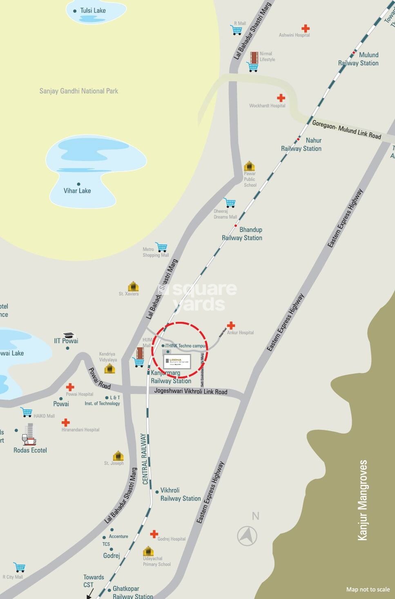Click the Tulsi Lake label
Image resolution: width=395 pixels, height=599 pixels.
coord(93,11)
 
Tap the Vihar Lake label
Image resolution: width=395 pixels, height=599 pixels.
coord(77,190)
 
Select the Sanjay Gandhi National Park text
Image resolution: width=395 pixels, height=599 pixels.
coord(78,91)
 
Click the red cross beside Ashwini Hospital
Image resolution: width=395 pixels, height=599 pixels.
coord(305,28)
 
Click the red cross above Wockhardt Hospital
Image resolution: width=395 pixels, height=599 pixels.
coord(281,98)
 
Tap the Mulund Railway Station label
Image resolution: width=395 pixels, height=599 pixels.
coord(358,59)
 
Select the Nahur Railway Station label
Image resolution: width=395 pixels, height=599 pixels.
coord(301,145)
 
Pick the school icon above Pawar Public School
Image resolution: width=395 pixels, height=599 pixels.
coord(249,166)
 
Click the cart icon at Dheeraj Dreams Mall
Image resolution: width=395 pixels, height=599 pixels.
coord(230,202)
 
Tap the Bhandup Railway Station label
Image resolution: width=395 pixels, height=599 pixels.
coord(242,234)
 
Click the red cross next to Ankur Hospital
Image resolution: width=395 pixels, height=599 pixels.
coord(231,325)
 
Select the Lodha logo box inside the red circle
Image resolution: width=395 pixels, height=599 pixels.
coord(177,361)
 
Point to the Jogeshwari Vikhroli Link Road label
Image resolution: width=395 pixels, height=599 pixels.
coord(191,391)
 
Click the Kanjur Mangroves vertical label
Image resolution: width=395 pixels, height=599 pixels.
coord(362,500)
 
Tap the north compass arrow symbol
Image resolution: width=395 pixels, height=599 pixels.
coord(248,536)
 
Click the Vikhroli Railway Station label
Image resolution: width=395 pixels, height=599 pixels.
coord(181,494)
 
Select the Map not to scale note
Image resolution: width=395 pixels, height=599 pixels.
coord(368,589)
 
